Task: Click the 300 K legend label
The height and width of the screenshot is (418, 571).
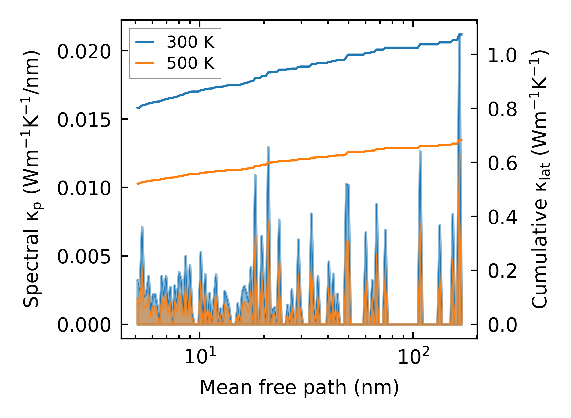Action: [x=190, y=42]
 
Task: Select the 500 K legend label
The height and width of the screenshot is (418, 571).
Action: [x=190, y=63]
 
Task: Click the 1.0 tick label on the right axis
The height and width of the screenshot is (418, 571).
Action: [x=502, y=55]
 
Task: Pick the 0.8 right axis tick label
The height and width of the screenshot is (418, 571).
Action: [x=502, y=109]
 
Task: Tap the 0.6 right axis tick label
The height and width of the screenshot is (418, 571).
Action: [x=502, y=163]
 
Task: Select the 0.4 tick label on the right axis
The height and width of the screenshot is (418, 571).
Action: [x=502, y=217]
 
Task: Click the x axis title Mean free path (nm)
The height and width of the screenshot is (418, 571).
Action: [x=299, y=387]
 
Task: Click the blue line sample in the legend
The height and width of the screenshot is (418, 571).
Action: [x=145, y=42]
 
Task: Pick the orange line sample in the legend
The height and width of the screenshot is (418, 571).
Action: [x=145, y=63]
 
